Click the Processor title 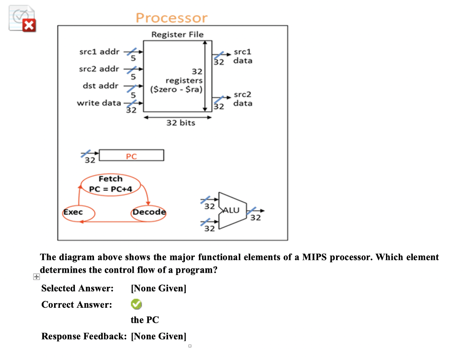pos(171,18)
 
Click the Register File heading pos(177,35)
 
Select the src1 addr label pos(99,51)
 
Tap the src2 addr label pos(99,69)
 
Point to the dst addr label pos(100,85)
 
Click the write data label pos(99,103)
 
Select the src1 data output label pos(243,56)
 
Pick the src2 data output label pos(243,99)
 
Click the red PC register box pos(131,156)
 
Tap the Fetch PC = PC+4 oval pos(110,184)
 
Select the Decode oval pos(149,212)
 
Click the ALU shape pos(232,210)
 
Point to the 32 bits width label pos(180,123)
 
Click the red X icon pos(29,26)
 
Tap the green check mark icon pos(136,304)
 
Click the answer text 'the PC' pos(144,320)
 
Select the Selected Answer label pos(77,288)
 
